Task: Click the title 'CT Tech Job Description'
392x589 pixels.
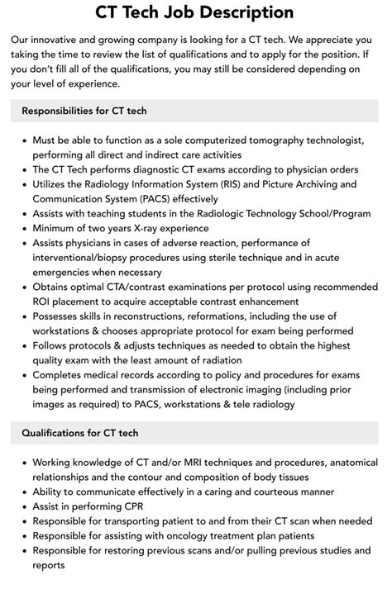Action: click(x=195, y=12)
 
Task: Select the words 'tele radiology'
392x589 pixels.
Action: click(x=254, y=405)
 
